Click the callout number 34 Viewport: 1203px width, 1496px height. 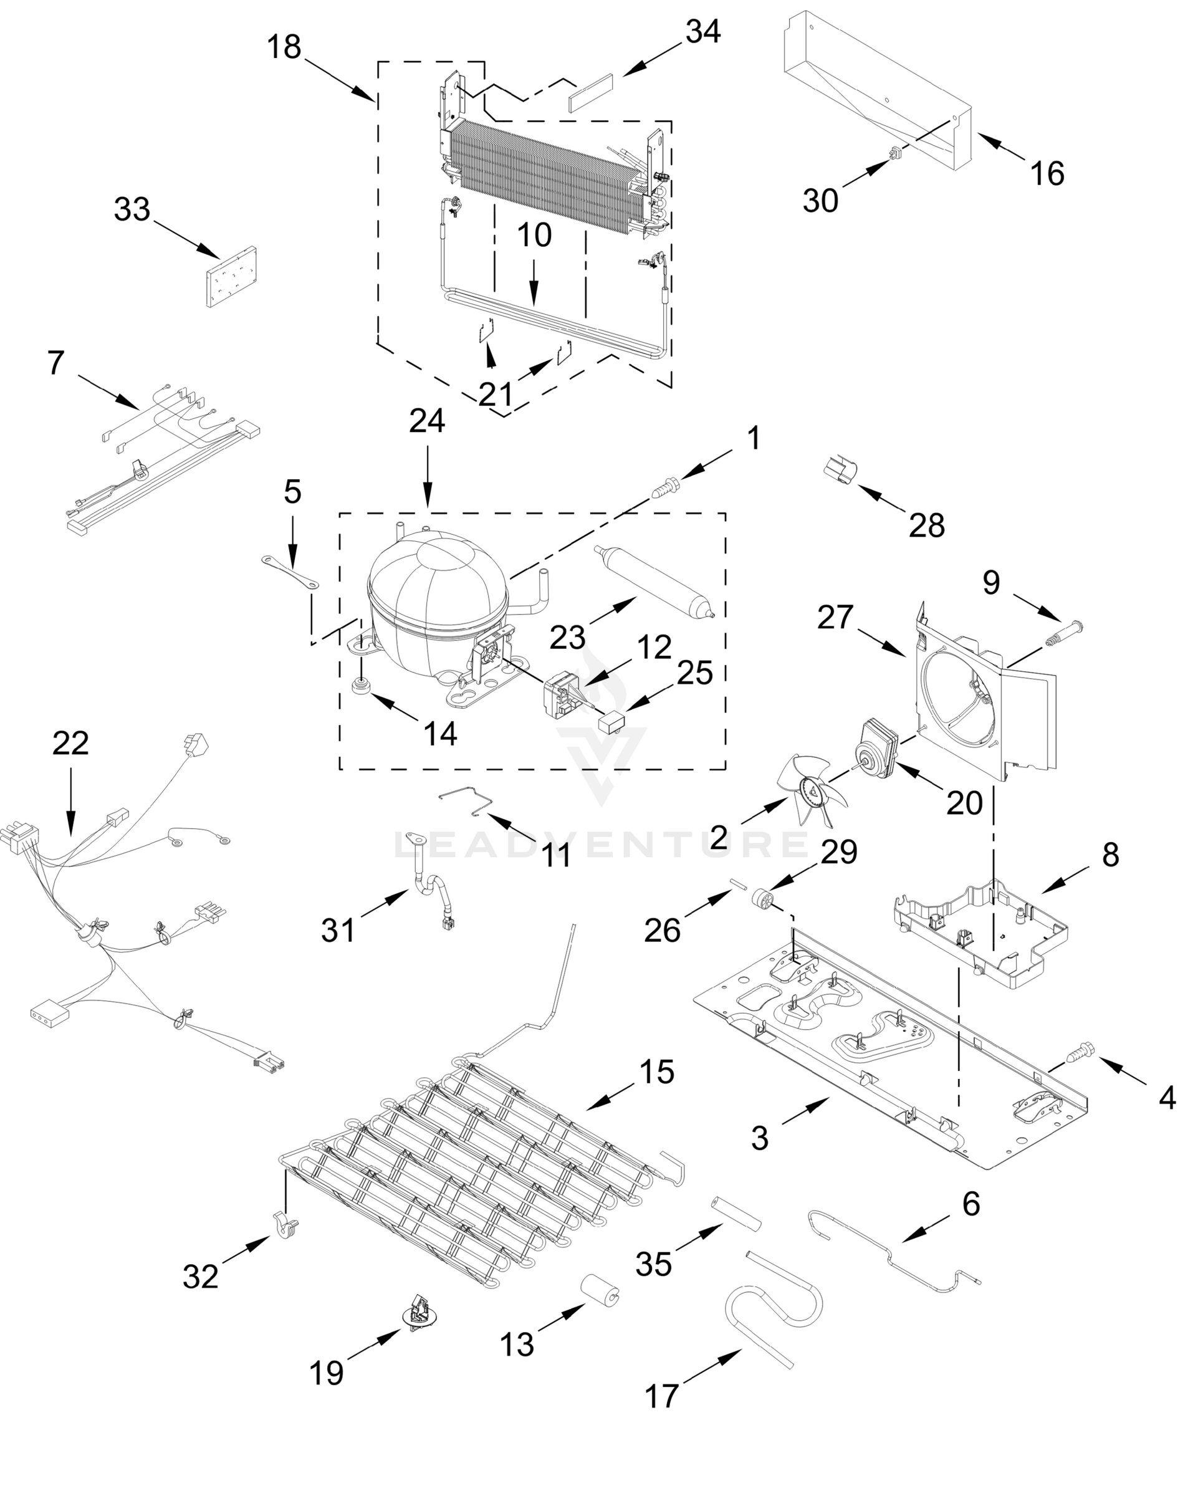click(x=703, y=32)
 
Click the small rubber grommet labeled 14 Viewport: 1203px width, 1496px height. click(x=360, y=685)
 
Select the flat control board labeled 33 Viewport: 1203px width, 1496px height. click(x=231, y=276)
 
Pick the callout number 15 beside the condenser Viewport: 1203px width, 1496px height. click(x=656, y=1072)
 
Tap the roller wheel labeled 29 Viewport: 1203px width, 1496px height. click(x=764, y=902)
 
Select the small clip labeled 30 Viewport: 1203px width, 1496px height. click(x=896, y=151)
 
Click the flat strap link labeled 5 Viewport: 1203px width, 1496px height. click(x=290, y=571)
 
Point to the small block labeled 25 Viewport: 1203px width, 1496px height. click(x=610, y=723)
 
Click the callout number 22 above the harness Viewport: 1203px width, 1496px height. click(x=71, y=743)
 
